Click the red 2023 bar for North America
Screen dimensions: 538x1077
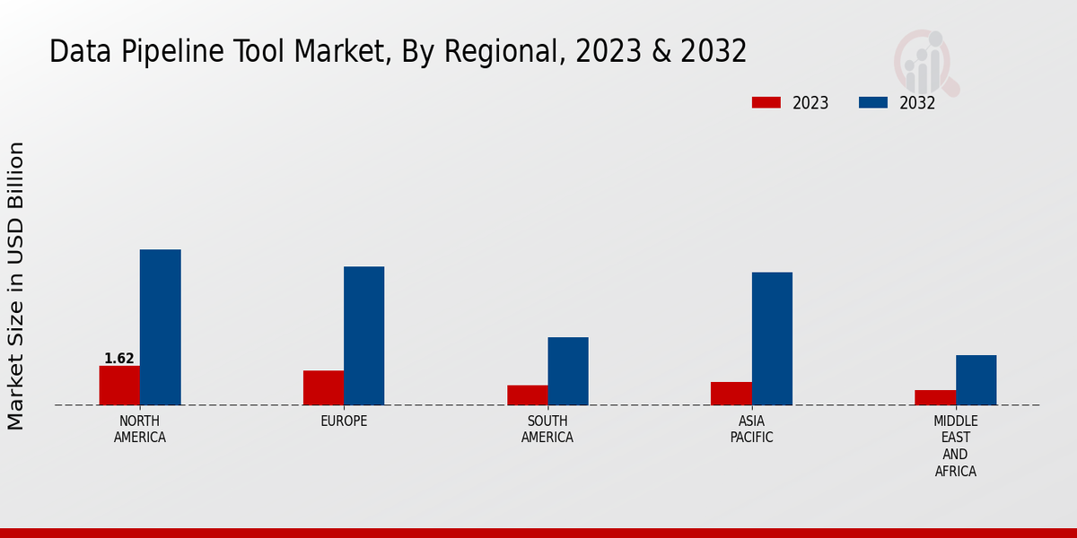click(119, 386)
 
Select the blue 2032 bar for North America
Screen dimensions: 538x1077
click(160, 327)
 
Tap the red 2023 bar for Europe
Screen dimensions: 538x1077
click(323, 387)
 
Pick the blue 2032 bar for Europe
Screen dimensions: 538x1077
click(363, 335)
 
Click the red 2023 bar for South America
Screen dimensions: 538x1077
click(527, 395)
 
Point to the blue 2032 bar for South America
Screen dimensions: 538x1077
click(568, 371)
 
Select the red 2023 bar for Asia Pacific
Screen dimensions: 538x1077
click(731, 394)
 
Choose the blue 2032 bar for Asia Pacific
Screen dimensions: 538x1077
click(772, 338)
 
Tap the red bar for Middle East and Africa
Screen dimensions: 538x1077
click(935, 397)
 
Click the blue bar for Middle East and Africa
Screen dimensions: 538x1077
click(976, 380)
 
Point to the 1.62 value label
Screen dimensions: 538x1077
click(119, 359)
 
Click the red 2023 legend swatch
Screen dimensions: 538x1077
click(766, 103)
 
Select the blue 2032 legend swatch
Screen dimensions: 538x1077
click(873, 103)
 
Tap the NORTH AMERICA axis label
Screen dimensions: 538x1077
click(140, 430)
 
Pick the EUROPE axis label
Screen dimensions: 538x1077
click(344, 421)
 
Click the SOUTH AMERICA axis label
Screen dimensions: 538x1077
click(547, 430)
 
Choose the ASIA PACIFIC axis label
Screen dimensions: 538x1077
click(751, 430)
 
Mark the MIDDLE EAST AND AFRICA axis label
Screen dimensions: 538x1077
click(956, 447)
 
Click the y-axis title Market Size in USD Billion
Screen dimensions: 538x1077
click(16, 285)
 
